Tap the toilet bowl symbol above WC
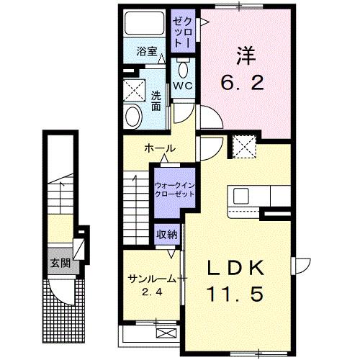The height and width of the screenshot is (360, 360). point(182,70)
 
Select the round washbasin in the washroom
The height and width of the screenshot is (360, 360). point(132,116)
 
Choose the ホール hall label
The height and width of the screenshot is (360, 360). point(160,148)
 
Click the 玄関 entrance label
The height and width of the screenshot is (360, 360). point(59,261)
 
